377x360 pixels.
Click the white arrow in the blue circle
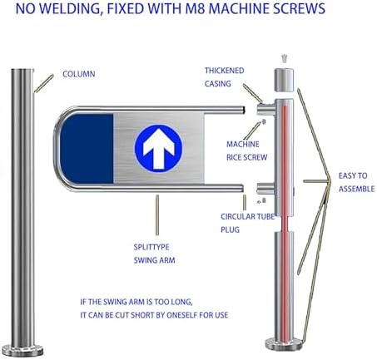point(158,150)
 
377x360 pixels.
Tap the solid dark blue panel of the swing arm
point(87,149)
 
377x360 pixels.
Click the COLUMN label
point(79,74)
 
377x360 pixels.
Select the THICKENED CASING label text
point(224,77)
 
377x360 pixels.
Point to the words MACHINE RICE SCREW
point(246,150)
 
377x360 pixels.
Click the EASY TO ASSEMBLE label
point(356,182)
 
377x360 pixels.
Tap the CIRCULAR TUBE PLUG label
point(247,223)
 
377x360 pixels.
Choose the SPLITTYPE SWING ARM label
point(154,254)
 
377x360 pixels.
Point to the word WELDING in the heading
point(69,8)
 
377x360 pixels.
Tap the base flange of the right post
point(284,344)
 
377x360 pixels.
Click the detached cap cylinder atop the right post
point(284,80)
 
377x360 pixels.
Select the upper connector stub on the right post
point(265,109)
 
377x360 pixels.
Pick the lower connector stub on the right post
point(265,189)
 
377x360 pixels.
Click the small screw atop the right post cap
point(284,59)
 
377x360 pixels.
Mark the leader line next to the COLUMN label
point(44,83)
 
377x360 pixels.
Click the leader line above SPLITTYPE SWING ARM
point(157,215)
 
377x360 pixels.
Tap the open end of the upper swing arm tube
point(243,110)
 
